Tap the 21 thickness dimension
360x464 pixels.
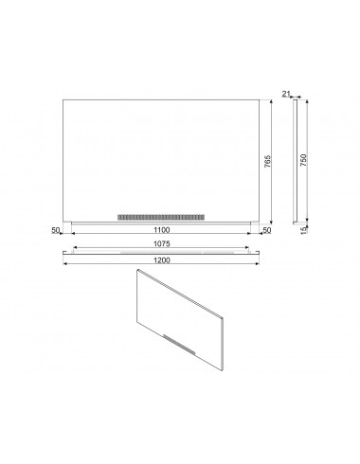(x=286, y=93)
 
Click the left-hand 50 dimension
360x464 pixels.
(x=56, y=230)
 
